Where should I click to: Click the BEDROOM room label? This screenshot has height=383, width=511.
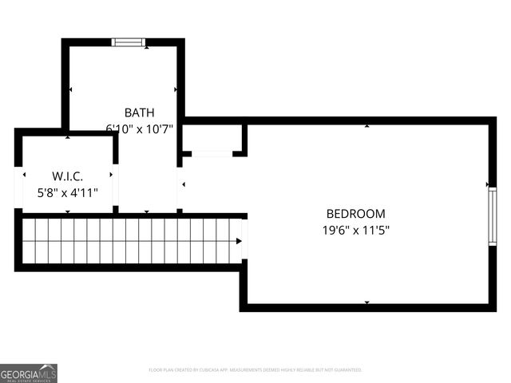click(355, 214)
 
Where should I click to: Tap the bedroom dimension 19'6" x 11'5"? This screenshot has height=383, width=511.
click(355, 230)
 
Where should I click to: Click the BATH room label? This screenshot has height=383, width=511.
click(139, 113)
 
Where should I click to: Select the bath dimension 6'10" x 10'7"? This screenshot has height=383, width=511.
click(139, 128)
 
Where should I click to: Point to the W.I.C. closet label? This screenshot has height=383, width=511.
click(67, 176)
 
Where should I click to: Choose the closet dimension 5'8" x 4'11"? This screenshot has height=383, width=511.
click(67, 192)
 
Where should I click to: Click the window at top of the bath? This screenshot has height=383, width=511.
click(128, 42)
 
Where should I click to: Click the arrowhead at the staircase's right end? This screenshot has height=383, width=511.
click(239, 241)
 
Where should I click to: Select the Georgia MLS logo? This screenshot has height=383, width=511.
click(29, 373)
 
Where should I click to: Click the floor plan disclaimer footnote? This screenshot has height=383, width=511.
click(255, 370)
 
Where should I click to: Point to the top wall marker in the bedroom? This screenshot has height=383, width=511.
click(367, 126)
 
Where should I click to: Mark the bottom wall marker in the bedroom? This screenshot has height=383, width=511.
click(367, 302)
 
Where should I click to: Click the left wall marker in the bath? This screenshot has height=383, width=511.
click(71, 90)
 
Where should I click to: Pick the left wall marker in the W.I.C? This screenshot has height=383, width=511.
click(24, 175)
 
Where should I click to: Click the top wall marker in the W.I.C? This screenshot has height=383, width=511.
click(67, 137)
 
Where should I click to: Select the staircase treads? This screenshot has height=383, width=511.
click(128, 241)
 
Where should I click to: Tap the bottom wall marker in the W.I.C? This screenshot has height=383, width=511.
click(67, 211)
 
